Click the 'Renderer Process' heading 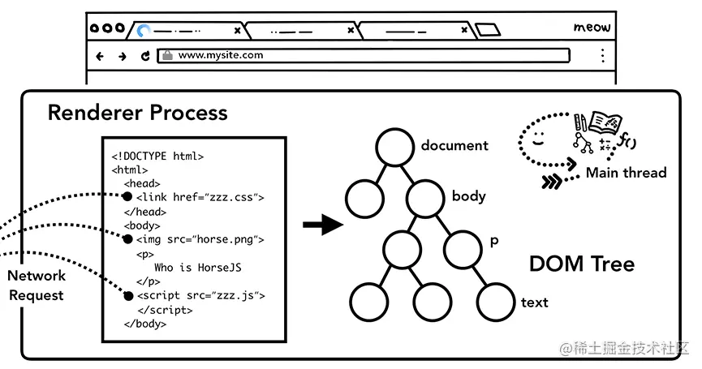[137, 113]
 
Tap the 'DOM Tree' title [581, 264]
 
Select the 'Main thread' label [626, 173]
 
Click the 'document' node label [454, 146]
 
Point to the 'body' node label [469, 196]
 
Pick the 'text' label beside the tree [534, 302]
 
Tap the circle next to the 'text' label [495, 302]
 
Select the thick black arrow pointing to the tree [322, 225]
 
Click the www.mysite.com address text [221, 56]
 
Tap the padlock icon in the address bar [167, 56]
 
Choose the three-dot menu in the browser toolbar [602, 56]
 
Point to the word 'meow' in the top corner [592, 28]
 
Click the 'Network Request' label [37, 285]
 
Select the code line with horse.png [200, 239]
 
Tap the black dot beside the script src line [127, 296]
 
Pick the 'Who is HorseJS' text [198, 268]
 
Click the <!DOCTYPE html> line [157, 157]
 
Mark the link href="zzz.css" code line [200, 197]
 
